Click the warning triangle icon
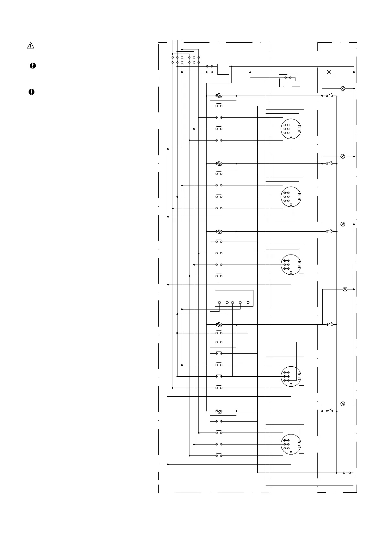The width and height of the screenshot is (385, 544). tap(31, 46)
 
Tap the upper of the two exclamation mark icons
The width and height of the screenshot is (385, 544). tap(33, 66)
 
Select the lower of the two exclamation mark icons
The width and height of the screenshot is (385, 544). tap(31, 92)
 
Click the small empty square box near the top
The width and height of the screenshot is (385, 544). tap(223, 69)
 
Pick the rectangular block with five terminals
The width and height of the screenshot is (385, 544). tap(234, 298)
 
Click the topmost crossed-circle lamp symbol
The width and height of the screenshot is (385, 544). tap(329, 72)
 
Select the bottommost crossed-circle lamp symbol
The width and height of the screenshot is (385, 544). tap(343, 404)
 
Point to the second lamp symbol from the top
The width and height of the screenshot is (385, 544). tap(343, 88)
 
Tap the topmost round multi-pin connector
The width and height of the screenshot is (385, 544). tap(291, 129)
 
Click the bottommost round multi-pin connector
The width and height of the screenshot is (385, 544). tap(291, 444)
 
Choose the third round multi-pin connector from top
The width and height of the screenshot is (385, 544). tap(291, 265)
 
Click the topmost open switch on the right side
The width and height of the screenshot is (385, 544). tap(329, 96)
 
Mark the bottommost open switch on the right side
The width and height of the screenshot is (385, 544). tap(329, 411)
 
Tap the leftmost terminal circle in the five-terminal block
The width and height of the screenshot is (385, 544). tap(219, 303)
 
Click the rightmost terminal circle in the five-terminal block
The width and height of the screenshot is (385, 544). tap(248, 303)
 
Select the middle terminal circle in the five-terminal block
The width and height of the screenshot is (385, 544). tap(233, 303)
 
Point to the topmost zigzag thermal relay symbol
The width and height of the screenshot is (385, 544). tap(219, 96)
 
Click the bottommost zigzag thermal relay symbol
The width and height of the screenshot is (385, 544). tap(219, 411)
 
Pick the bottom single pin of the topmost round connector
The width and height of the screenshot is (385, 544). tap(291, 137)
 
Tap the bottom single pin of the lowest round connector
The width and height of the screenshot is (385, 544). tap(291, 452)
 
